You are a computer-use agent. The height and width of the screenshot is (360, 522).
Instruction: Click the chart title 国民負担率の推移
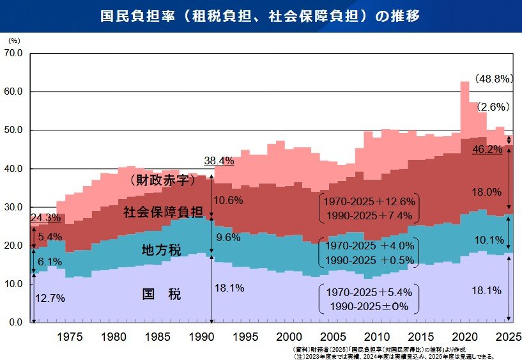tap(260, 16)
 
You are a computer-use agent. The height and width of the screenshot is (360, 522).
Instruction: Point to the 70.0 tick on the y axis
tap(13, 54)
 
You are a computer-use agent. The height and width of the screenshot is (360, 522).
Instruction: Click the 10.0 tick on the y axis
tap(13, 284)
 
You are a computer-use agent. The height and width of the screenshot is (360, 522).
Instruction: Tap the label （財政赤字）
tap(162, 181)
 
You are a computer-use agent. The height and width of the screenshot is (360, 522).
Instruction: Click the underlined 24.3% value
tap(45, 218)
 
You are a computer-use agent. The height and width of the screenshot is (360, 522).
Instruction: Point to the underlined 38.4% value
tap(219, 160)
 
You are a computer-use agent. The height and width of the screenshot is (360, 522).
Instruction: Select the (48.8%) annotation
tap(494, 79)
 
